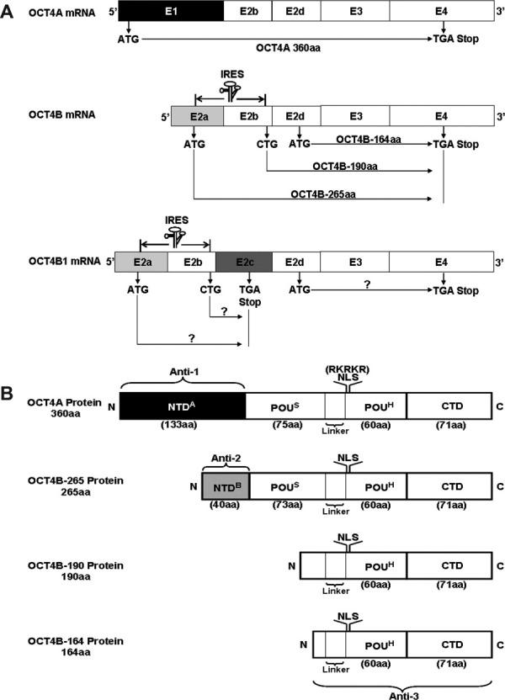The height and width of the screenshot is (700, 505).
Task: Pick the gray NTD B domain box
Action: tap(221, 485)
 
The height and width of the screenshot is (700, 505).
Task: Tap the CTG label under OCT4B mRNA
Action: tap(266, 144)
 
